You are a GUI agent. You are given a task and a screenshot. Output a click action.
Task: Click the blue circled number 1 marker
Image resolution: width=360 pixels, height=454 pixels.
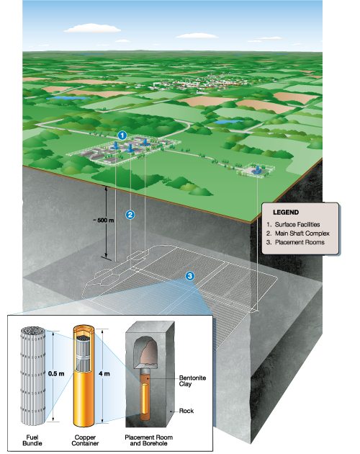click(x=122, y=135)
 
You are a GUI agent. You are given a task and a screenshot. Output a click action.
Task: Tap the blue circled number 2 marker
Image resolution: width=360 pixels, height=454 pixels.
click(x=130, y=215)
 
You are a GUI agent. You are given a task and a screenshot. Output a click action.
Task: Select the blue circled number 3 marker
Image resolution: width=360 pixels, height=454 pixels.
click(x=190, y=276)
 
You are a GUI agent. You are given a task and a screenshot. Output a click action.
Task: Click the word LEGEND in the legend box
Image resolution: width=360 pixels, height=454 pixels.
click(x=286, y=213)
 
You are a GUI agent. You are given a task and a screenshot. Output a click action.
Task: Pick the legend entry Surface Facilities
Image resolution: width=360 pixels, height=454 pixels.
click(x=293, y=224)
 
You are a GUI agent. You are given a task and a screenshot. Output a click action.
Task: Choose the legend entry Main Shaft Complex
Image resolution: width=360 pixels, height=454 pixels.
click(x=298, y=233)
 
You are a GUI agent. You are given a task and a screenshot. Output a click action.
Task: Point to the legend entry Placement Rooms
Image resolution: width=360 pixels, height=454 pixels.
click(x=295, y=242)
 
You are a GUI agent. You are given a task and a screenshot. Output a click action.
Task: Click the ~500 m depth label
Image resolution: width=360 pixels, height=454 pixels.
click(x=104, y=220)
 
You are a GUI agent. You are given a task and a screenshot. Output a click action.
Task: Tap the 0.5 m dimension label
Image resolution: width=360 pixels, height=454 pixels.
click(x=56, y=373)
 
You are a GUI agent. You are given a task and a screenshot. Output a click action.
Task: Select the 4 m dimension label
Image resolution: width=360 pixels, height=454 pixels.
click(x=104, y=373)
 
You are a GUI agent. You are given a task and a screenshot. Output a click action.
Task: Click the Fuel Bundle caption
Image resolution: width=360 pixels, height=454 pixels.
click(x=32, y=440)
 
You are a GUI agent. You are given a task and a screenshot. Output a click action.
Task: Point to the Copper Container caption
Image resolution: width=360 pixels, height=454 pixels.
click(x=85, y=440)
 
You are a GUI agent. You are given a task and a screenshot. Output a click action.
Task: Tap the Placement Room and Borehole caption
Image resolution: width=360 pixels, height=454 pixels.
click(x=149, y=440)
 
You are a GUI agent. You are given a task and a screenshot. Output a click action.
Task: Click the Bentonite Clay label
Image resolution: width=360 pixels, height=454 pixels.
click(x=192, y=380)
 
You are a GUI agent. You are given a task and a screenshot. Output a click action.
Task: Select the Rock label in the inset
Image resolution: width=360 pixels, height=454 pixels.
click(x=186, y=411)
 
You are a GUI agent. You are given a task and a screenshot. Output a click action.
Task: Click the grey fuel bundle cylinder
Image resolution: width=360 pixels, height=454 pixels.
click(x=33, y=375)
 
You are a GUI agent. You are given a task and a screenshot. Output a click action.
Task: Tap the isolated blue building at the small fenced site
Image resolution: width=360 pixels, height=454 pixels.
click(x=256, y=170)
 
